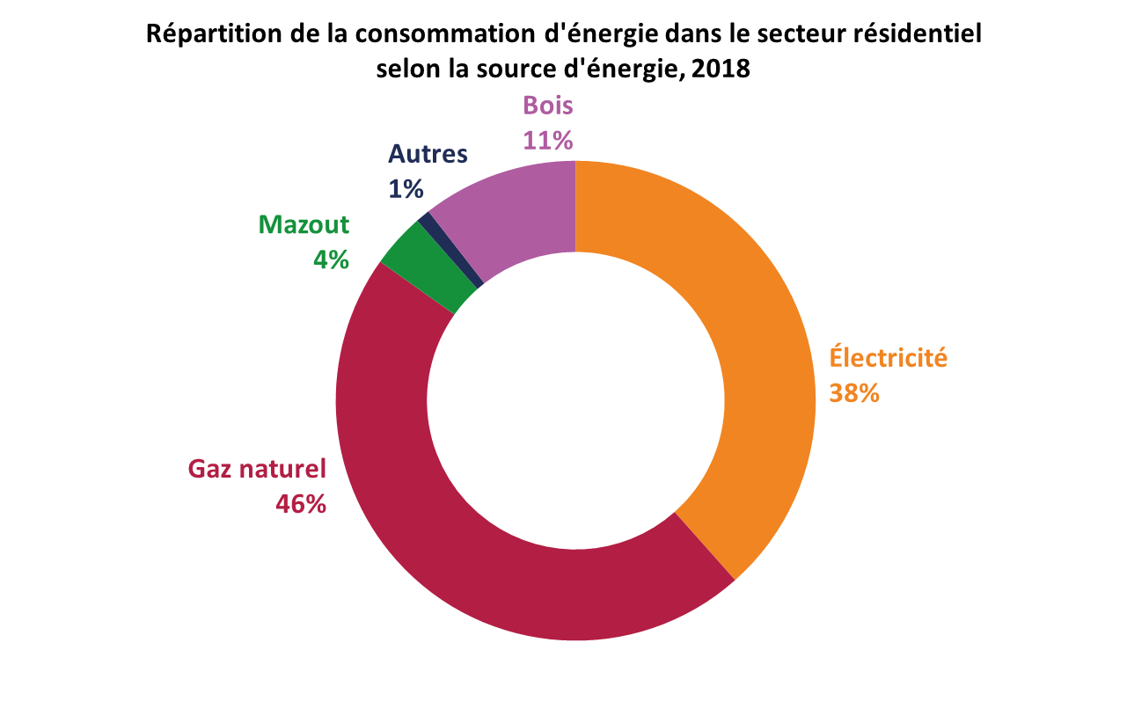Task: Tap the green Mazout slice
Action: coord(428,267)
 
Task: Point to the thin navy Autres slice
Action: coord(450,250)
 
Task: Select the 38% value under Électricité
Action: coord(854,393)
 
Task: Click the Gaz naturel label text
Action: coord(257,469)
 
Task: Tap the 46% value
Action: coord(301,504)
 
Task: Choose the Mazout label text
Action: coord(304,224)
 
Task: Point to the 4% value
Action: coord(331,259)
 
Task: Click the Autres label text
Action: coord(428,154)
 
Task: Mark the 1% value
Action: coord(406,189)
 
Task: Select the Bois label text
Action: coord(548,106)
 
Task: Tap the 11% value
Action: coord(548,141)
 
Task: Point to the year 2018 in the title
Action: coord(721,69)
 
